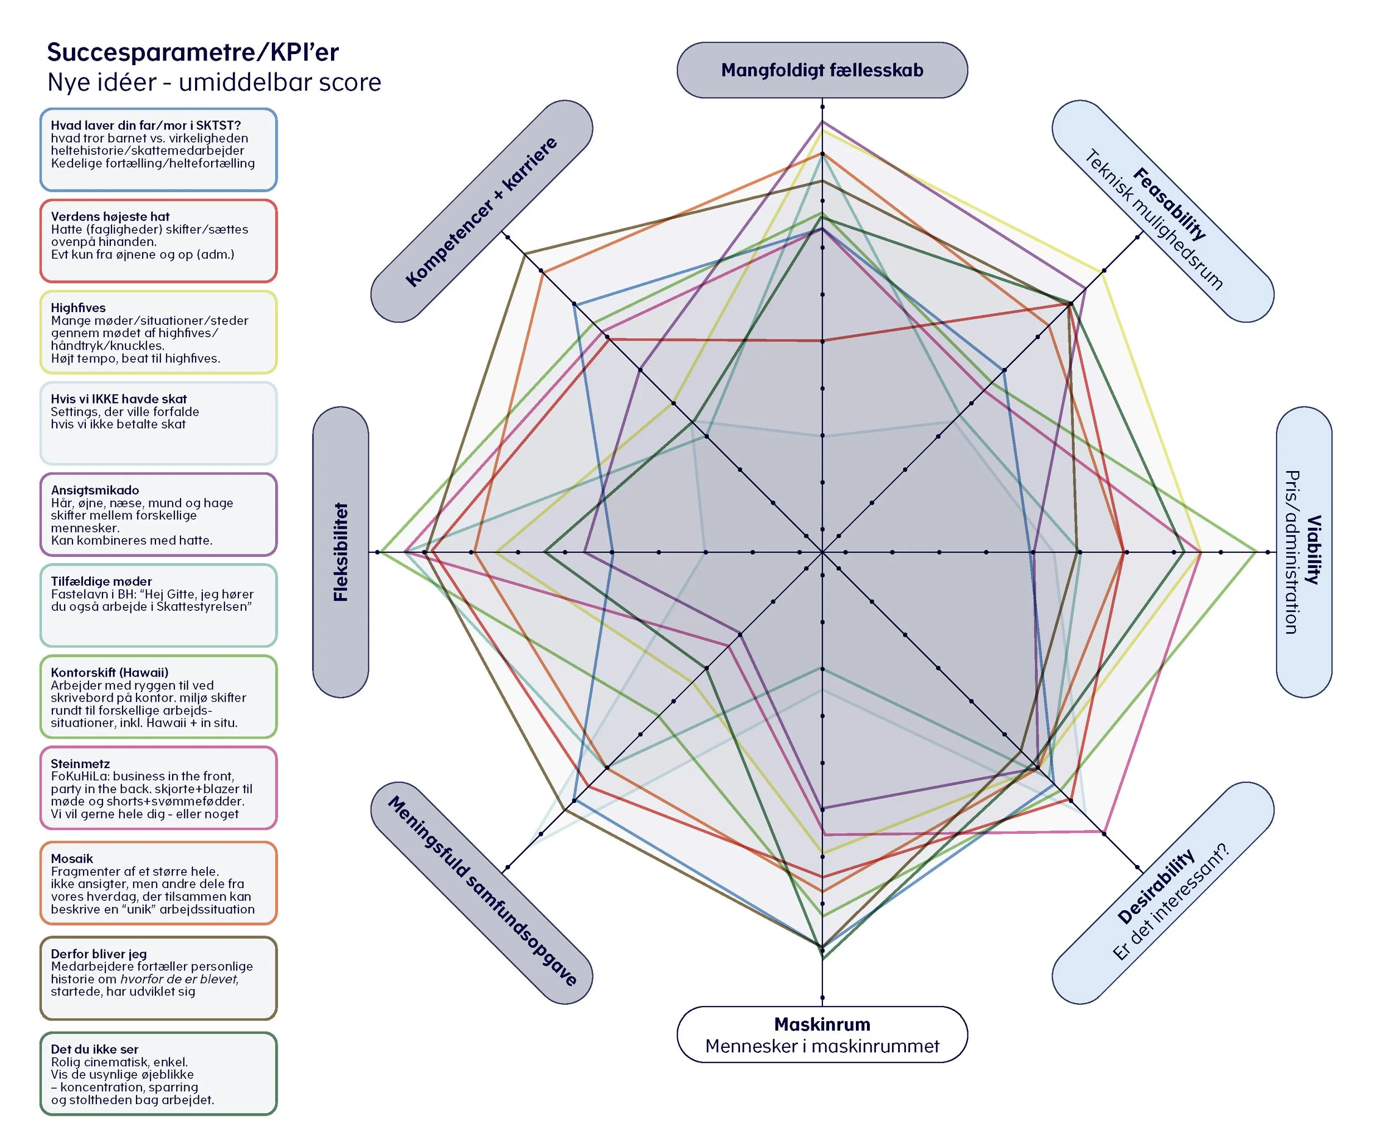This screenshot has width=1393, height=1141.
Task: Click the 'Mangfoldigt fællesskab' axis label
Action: [x=822, y=70]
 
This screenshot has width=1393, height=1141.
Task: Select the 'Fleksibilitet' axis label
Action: [x=340, y=552]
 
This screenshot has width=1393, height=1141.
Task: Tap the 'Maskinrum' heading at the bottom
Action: [x=822, y=1024]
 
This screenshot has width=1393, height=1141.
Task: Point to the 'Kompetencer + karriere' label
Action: [x=481, y=212]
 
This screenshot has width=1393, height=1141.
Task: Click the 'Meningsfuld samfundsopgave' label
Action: [x=483, y=891]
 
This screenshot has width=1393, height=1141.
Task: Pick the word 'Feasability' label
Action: [x=1170, y=204]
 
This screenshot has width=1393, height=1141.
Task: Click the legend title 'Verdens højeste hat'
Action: [x=110, y=216]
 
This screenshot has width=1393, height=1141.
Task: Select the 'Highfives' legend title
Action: [x=78, y=308]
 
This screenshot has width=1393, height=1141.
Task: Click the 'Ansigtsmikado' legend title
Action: [x=95, y=491]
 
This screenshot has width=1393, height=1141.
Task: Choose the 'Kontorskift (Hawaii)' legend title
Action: [x=110, y=672]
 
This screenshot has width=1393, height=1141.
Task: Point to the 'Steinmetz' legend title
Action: [x=80, y=764]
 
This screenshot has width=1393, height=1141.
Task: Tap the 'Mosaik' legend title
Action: [x=72, y=858]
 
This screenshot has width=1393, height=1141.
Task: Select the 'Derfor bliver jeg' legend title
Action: [x=99, y=954]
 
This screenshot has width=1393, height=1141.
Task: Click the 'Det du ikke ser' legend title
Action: [x=95, y=1049]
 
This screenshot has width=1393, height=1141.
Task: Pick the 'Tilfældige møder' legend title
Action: [x=101, y=581]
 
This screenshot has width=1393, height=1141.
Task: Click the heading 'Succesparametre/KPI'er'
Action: [x=193, y=52]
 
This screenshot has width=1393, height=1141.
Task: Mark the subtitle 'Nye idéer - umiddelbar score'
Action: [x=214, y=82]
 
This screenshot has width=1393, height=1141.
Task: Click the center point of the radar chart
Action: [x=822, y=552]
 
